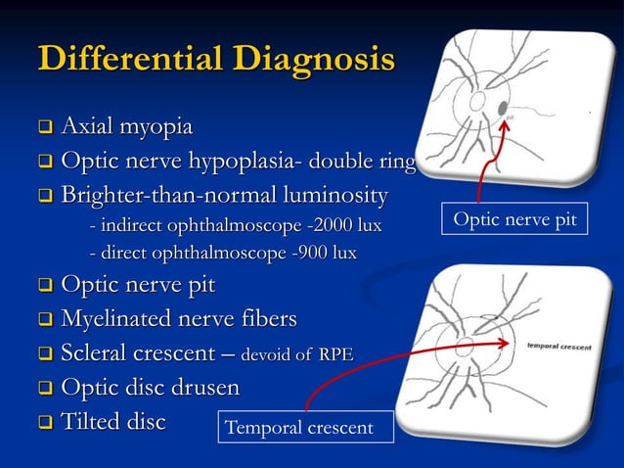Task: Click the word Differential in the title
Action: (126, 58)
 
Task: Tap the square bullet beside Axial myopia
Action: (45, 128)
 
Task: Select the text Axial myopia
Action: (126, 127)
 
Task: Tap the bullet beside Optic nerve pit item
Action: (45, 287)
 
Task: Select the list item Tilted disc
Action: (112, 421)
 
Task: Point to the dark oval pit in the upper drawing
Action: (503, 107)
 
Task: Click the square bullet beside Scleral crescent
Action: (45, 353)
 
